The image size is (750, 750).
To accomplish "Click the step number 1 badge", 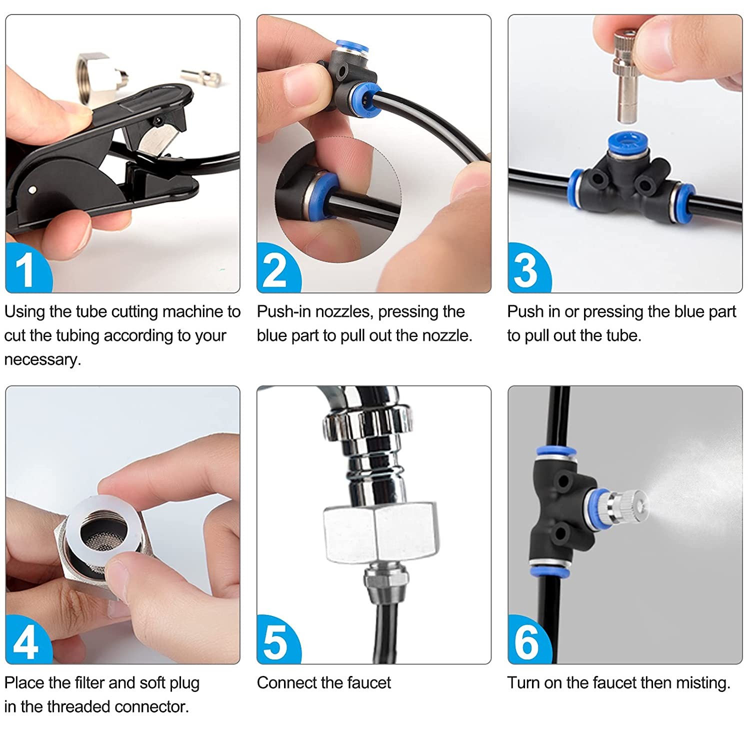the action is point(26,269).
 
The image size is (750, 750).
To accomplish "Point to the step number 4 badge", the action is point(26,641).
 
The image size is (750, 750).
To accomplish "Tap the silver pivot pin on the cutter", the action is point(33,189).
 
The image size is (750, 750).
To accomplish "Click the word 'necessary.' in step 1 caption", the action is point(42,360).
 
